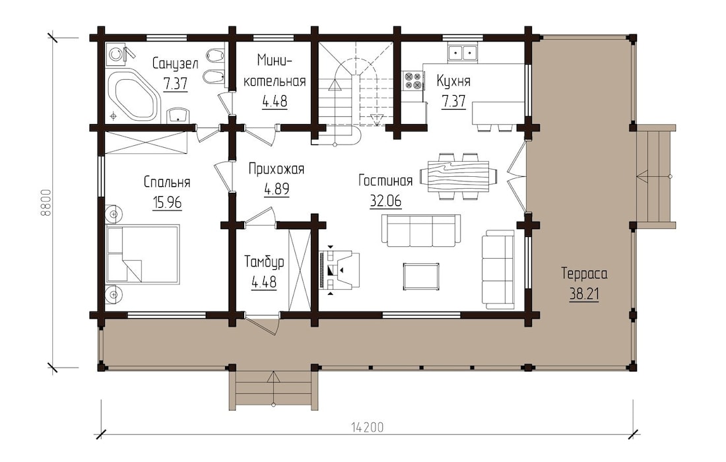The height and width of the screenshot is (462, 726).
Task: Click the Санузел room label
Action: click(175, 63)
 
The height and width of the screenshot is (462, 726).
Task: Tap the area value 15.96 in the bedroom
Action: click(167, 203)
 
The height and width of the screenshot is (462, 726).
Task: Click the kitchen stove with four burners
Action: click(412, 81)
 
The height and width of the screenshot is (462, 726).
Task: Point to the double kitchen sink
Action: click(463, 52)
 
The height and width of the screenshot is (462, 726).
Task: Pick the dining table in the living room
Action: click(459, 176)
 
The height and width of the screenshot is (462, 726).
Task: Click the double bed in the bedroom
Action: click(143, 254)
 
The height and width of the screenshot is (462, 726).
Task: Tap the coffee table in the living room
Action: click(421, 277)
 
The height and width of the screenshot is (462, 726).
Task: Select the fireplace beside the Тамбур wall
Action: click(339, 269)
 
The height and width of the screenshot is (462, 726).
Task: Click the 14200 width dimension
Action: click(367, 427)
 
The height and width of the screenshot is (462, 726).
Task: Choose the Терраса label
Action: click(584, 274)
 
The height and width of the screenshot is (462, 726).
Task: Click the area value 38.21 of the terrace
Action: click(584, 294)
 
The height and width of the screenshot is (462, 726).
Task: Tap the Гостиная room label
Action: click(385, 181)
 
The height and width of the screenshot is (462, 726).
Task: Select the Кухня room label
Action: click(453, 81)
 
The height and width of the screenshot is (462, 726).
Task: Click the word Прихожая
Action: click(277, 169)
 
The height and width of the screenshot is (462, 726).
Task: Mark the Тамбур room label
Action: click(264, 261)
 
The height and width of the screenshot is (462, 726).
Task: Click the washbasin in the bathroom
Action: click(178, 115)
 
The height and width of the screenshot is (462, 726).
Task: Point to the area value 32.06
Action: click(385, 201)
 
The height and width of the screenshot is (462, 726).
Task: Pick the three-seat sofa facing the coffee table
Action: click(421, 230)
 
